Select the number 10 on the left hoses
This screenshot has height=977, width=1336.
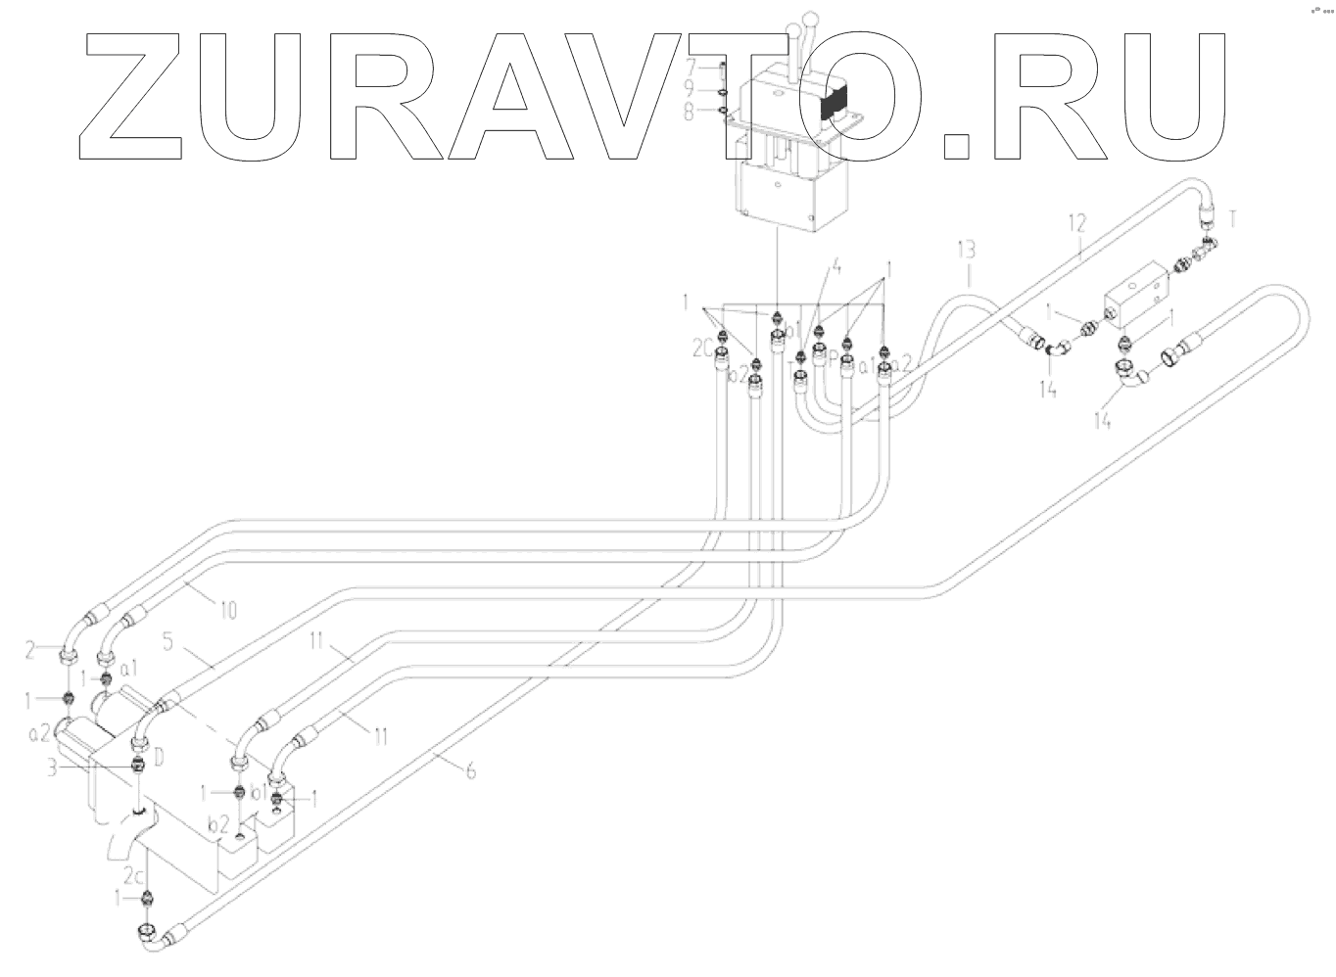coord(227,612)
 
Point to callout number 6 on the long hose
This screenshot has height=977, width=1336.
coord(471,770)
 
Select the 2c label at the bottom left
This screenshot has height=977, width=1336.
coord(134,871)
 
